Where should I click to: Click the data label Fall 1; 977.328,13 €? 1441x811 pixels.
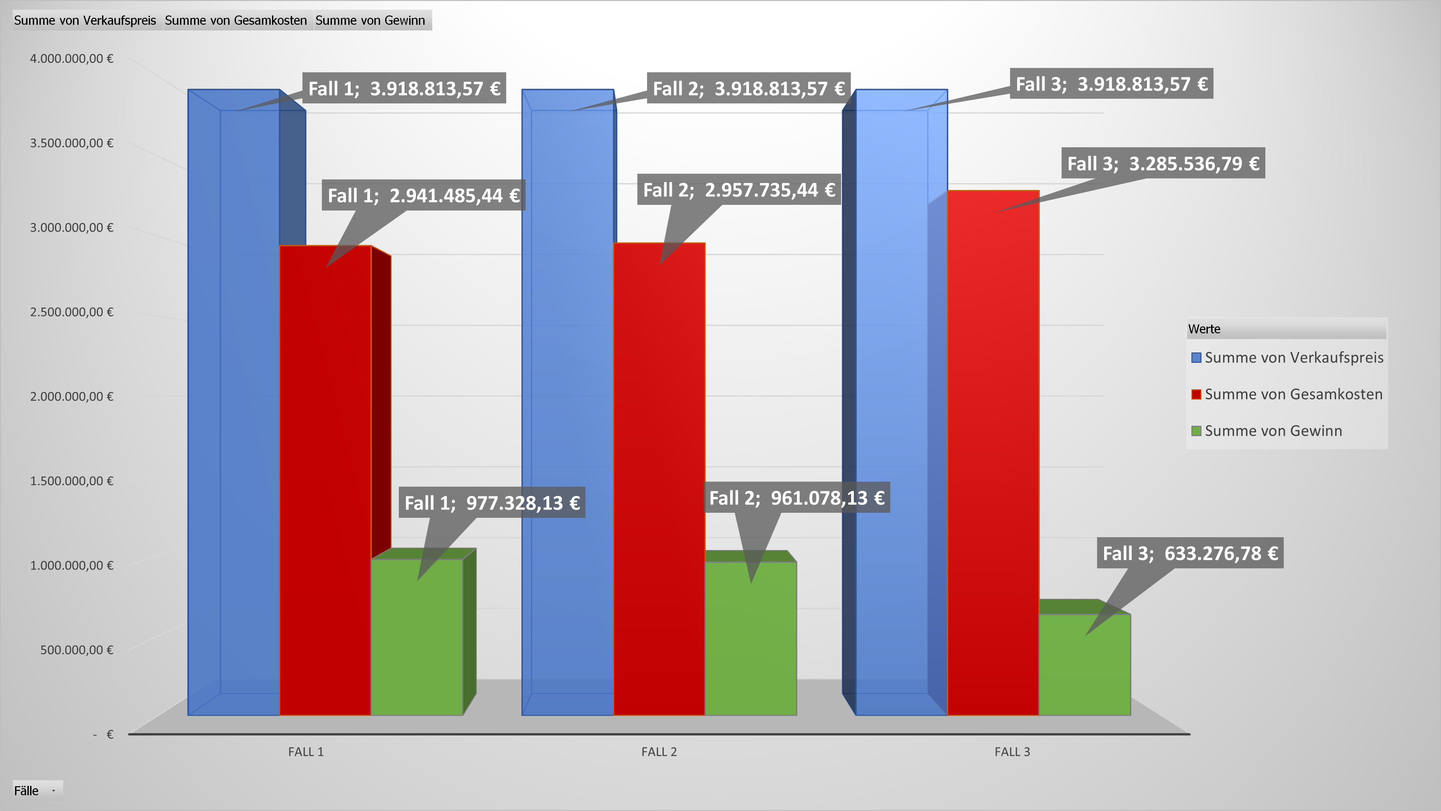[492, 503]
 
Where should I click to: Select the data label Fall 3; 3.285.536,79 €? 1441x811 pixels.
[1163, 163]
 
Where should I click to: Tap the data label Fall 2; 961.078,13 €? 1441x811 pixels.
[797, 498]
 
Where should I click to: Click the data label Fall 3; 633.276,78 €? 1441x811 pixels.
[1190, 553]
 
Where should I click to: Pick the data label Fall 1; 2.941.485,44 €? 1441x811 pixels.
[423, 195]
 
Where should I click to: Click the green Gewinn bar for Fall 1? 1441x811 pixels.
[417, 644]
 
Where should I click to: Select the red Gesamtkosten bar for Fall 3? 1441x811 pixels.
[993, 459]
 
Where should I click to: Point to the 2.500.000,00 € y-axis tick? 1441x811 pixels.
[72, 312]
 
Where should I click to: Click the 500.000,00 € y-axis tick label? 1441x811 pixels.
[77, 650]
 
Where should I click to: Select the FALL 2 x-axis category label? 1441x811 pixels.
[659, 752]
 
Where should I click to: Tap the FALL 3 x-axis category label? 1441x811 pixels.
[1012, 752]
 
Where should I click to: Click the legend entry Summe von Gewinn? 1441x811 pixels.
[1273, 431]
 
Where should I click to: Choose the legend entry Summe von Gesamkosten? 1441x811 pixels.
[1293, 395]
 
